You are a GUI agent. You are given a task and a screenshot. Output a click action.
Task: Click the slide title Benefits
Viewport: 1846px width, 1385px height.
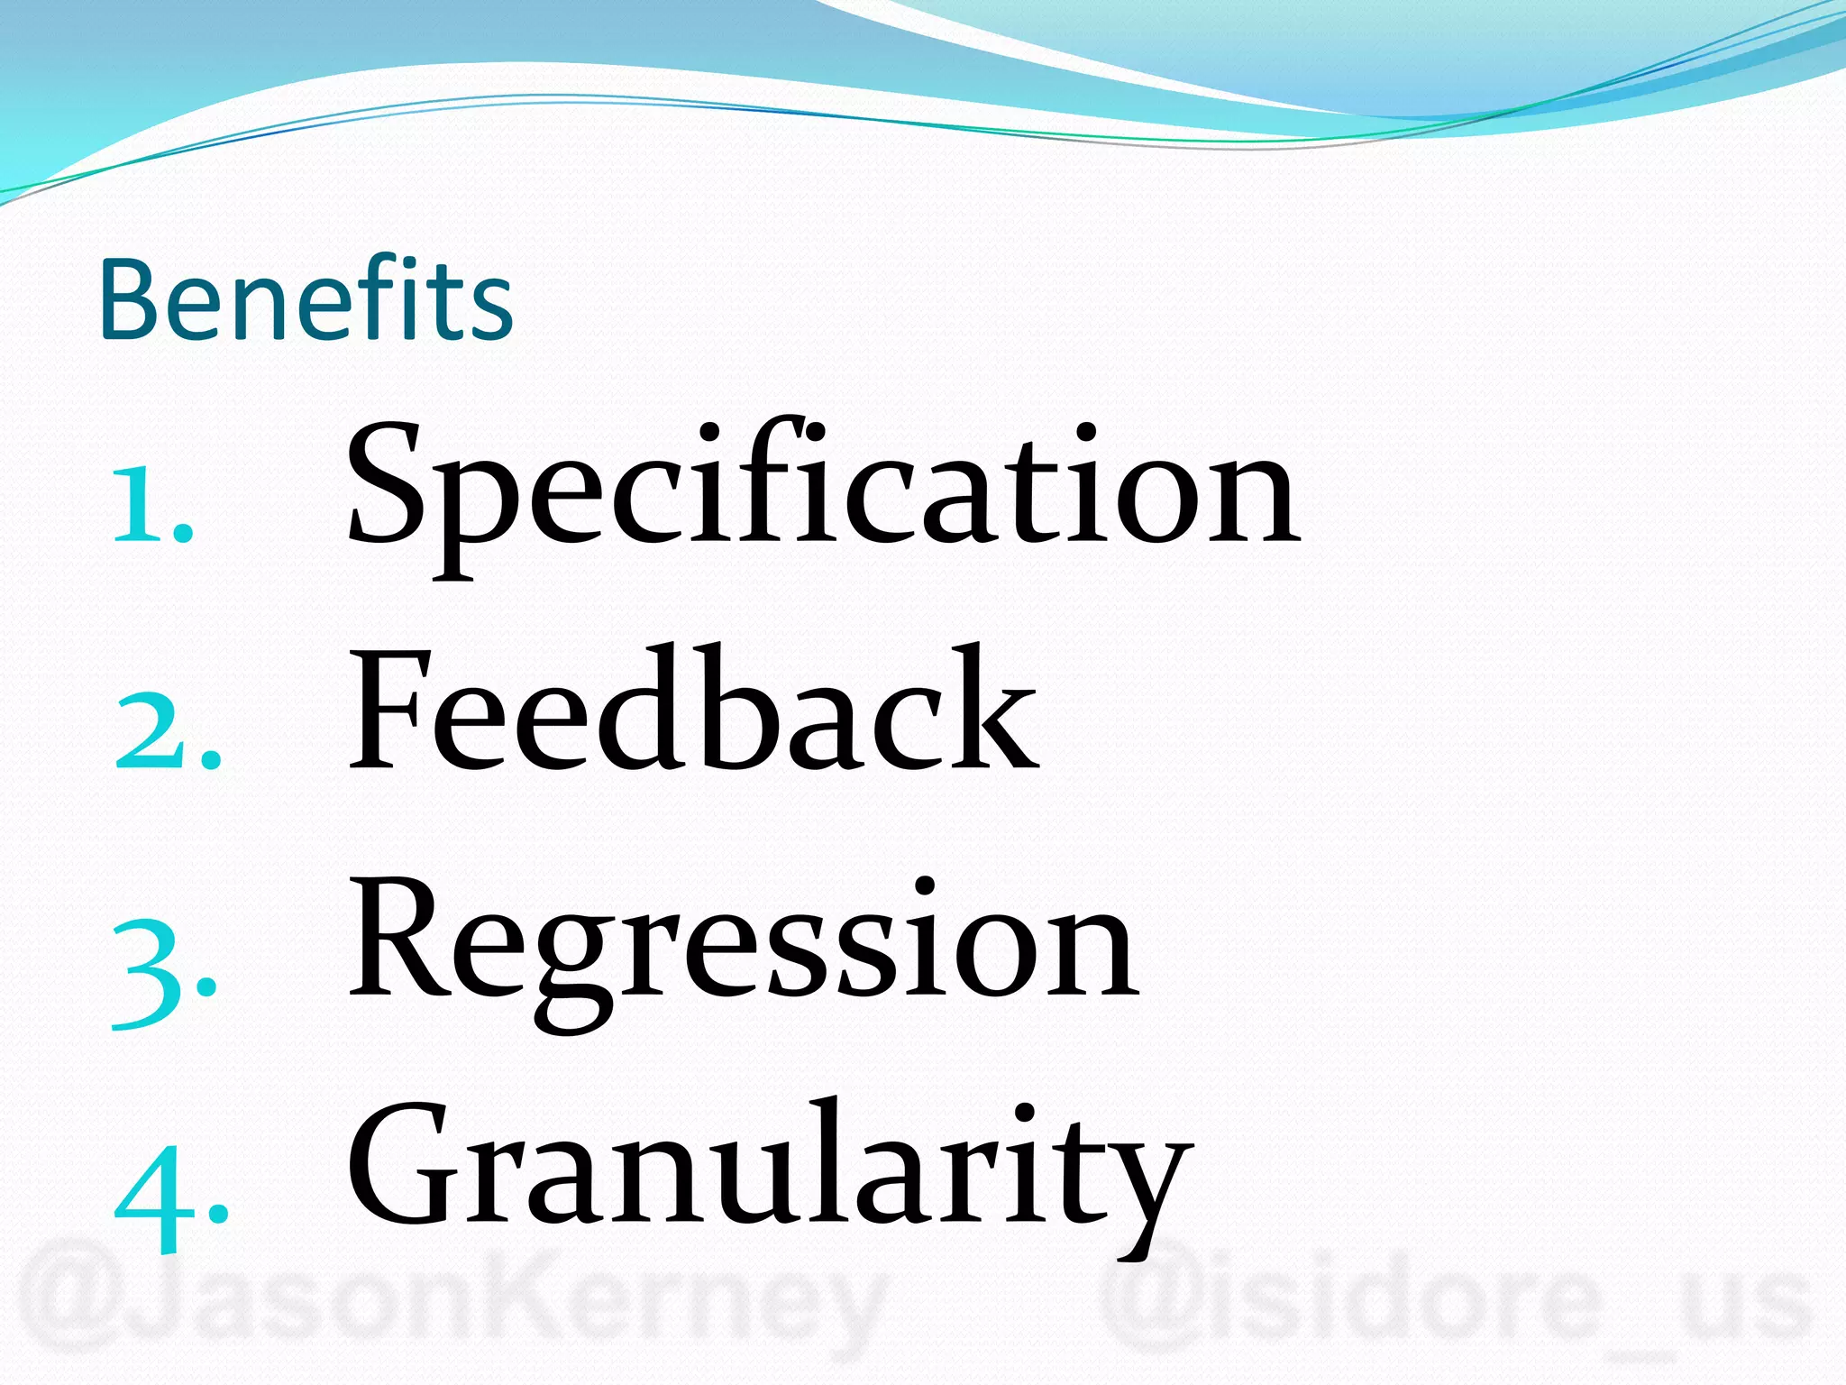click(x=306, y=299)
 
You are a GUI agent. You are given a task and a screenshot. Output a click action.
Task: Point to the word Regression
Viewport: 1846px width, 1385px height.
click(x=744, y=942)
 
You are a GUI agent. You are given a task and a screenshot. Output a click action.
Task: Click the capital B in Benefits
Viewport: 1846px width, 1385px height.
click(x=133, y=299)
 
